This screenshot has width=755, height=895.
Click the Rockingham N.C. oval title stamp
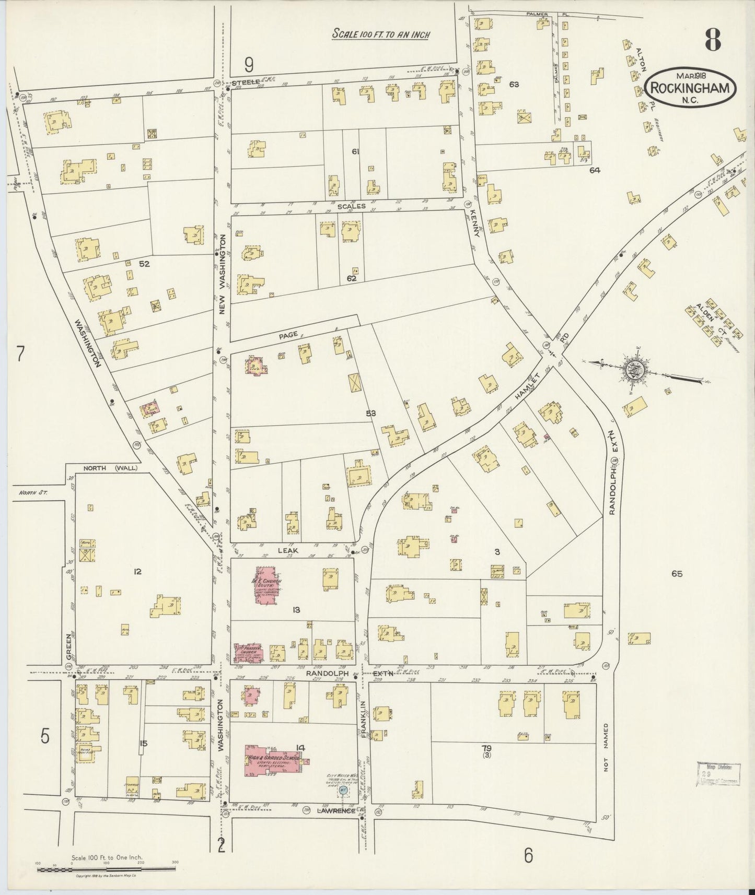tap(691, 89)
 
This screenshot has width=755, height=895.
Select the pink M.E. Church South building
tap(268, 585)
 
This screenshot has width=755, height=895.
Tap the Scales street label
tap(351, 206)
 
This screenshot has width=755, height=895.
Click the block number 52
tap(145, 264)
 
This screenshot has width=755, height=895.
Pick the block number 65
tap(677, 574)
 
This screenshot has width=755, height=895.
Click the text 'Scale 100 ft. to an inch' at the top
tap(381, 34)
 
